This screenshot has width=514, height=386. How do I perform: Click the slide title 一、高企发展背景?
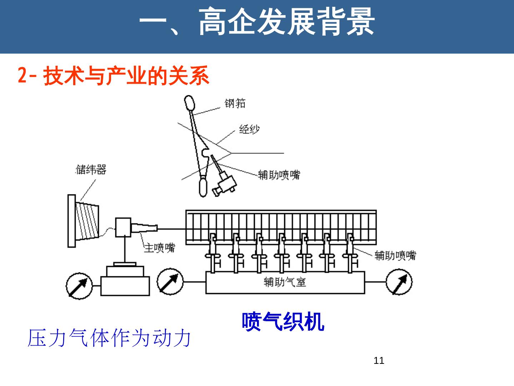[x=257, y=22]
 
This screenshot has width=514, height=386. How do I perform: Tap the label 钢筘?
[x=235, y=103]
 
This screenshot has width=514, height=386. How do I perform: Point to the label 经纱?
[x=249, y=129]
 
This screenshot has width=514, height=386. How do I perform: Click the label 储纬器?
[x=91, y=169]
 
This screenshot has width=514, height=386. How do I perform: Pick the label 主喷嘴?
[x=160, y=247]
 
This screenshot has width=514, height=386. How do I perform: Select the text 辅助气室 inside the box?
[x=285, y=282]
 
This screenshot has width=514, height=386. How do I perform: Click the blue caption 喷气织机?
[x=283, y=322]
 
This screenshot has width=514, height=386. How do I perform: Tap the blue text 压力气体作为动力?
[x=109, y=338]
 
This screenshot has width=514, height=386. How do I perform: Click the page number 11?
[x=379, y=360]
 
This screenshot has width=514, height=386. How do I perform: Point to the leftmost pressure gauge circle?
[x=79, y=286]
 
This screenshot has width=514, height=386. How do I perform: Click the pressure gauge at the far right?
[x=399, y=282]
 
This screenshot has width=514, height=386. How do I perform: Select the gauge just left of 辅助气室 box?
[x=170, y=282]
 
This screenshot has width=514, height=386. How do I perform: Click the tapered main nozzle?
[x=145, y=229]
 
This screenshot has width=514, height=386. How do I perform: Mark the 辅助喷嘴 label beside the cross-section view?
[x=279, y=175]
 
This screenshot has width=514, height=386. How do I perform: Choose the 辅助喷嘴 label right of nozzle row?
[x=395, y=255]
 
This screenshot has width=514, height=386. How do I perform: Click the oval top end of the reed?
[x=190, y=103]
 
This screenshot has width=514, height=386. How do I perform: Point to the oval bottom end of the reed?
[x=203, y=188]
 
